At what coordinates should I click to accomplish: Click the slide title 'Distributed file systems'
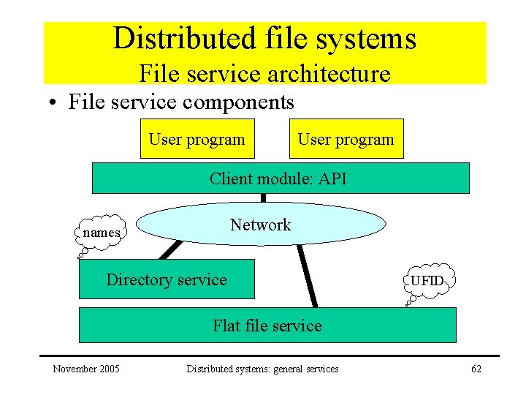pos(264,39)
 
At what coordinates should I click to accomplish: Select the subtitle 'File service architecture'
pos(264,73)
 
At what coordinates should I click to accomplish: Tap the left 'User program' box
pos(197,139)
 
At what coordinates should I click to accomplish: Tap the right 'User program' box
pos(346,139)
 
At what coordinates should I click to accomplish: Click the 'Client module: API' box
pos(280,178)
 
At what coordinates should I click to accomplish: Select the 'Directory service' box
pos(167,279)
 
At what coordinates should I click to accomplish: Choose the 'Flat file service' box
pos(267,326)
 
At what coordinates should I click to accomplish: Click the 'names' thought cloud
pos(101,233)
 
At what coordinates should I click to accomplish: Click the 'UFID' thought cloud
pos(427,281)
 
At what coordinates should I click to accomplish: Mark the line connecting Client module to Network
pos(263,197)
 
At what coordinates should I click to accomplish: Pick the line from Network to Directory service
pos(169,250)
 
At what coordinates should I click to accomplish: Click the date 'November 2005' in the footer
pos(86,369)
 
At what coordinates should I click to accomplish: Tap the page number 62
pos(476,369)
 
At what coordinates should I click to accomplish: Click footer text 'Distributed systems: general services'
pos(262,369)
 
